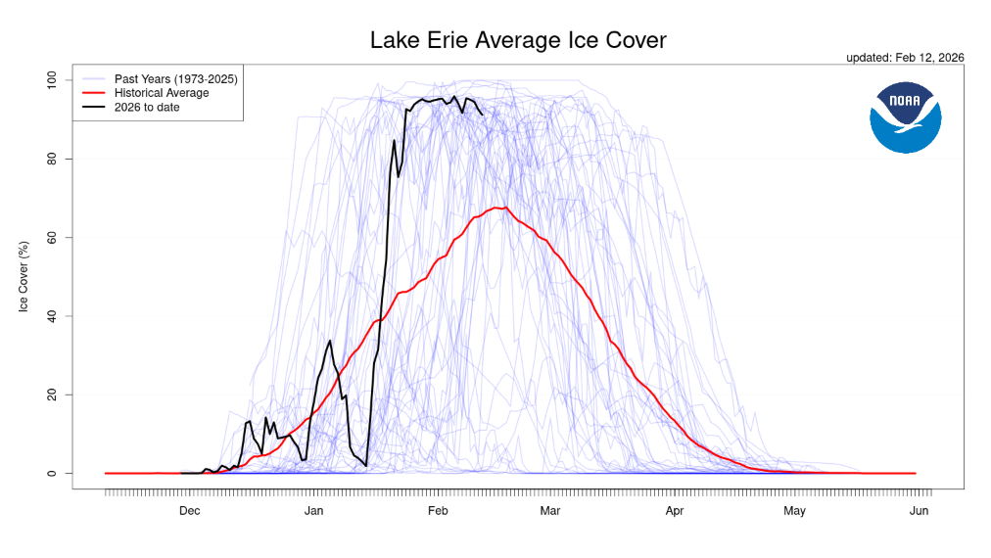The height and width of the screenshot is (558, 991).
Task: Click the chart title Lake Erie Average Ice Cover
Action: (518, 41)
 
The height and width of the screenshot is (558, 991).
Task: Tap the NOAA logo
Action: (905, 117)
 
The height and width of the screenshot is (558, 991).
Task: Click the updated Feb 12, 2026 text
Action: (905, 58)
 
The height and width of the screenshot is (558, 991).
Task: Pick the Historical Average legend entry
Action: (162, 93)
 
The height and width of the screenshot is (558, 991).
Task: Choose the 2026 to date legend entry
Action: (147, 107)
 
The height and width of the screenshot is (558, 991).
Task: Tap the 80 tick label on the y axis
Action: (54, 159)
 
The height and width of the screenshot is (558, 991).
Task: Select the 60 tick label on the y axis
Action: (54, 237)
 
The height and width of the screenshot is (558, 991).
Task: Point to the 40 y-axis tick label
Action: (54, 316)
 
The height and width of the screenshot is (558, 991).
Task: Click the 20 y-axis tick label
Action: (54, 395)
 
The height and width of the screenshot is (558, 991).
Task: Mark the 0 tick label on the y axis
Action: (57, 474)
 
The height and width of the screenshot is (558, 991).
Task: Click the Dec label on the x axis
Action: (189, 511)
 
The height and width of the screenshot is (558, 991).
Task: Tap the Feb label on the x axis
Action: (437, 511)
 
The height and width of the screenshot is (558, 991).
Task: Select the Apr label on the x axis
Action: (674, 511)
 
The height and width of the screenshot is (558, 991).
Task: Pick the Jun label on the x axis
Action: (919, 511)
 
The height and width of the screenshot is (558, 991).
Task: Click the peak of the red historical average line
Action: (501, 208)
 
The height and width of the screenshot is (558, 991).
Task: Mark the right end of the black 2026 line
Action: (482, 114)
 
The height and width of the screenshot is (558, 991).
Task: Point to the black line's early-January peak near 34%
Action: (330, 341)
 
